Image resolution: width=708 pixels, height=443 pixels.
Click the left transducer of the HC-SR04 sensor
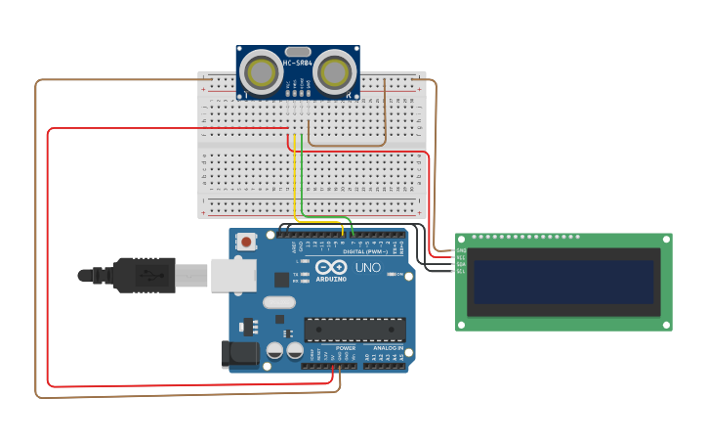(262, 72)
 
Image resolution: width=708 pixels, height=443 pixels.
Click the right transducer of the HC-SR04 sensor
(334, 72)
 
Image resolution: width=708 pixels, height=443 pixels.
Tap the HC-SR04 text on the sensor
(298, 64)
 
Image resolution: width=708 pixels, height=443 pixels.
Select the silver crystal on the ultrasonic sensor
(298, 51)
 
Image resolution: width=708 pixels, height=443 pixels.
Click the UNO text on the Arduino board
(367, 268)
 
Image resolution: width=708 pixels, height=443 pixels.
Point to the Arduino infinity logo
(331, 267)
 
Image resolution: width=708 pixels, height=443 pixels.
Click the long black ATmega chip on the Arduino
(354, 330)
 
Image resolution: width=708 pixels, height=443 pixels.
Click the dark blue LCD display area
(563, 282)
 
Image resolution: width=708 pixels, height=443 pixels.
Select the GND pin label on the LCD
(461, 250)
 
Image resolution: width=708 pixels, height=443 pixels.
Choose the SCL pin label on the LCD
(461, 271)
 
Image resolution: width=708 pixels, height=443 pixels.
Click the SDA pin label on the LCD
(461, 264)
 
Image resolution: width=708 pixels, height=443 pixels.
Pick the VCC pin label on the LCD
(461, 257)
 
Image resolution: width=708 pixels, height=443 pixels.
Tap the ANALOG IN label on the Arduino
(388, 348)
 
